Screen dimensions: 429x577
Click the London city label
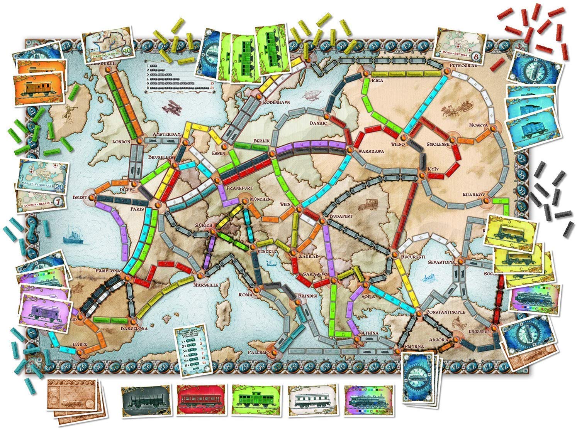[121, 141]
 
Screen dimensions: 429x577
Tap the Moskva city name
[479, 125]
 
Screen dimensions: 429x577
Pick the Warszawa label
[371, 151]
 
